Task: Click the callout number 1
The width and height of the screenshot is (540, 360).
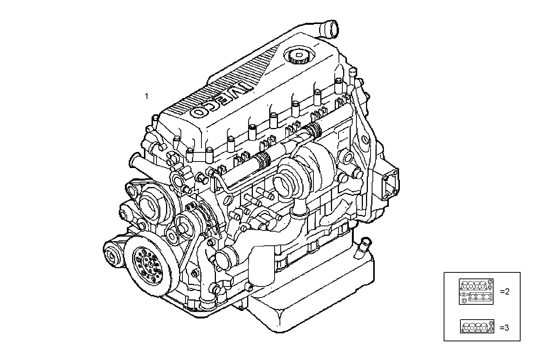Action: pos(146,96)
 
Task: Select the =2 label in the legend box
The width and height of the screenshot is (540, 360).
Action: pos(504,292)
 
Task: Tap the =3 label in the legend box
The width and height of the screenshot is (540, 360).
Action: pos(504,327)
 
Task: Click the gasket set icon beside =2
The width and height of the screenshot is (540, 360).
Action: pos(476,291)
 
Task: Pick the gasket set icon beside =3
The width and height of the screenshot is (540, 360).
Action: pos(477,327)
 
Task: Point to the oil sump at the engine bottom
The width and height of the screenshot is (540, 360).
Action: pos(312,290)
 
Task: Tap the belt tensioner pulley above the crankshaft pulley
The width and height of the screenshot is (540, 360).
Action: pos(182,225)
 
